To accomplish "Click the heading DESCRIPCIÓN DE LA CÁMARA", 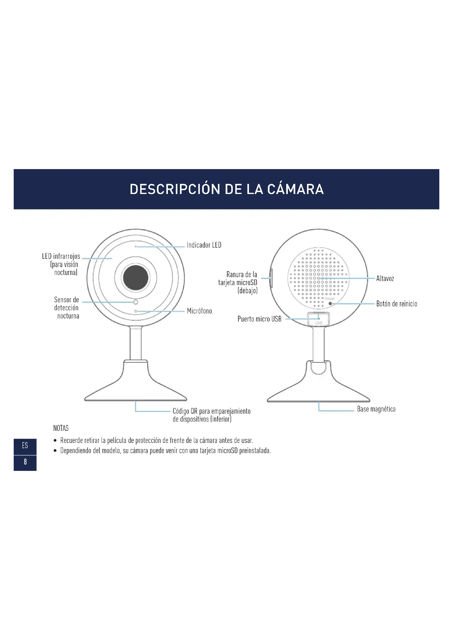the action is (x=226, y=189).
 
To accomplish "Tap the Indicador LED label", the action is (x=204, y=245).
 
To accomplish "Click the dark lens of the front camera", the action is (x=136, y=277).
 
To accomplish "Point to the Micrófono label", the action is (x=199, y=311).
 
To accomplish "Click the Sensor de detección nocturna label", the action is (x=67, y=308).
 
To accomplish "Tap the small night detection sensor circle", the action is (x=136, y=302).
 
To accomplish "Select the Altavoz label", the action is (x=385, y=278).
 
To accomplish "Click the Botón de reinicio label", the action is (x=396, y=303).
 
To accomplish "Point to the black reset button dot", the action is (x=330, y=303).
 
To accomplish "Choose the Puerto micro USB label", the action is (x=259, y=319).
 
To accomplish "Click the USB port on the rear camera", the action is (x=319, y=319).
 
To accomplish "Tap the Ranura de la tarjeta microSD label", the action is (x=238, y=282).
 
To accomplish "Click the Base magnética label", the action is (x=376, y=409).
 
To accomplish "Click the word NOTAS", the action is (x=61, y=428).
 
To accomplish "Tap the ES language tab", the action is (x=25, y=445).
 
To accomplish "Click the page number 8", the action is (x=25, y=462).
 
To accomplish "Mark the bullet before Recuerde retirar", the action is (x=55, y=441).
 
